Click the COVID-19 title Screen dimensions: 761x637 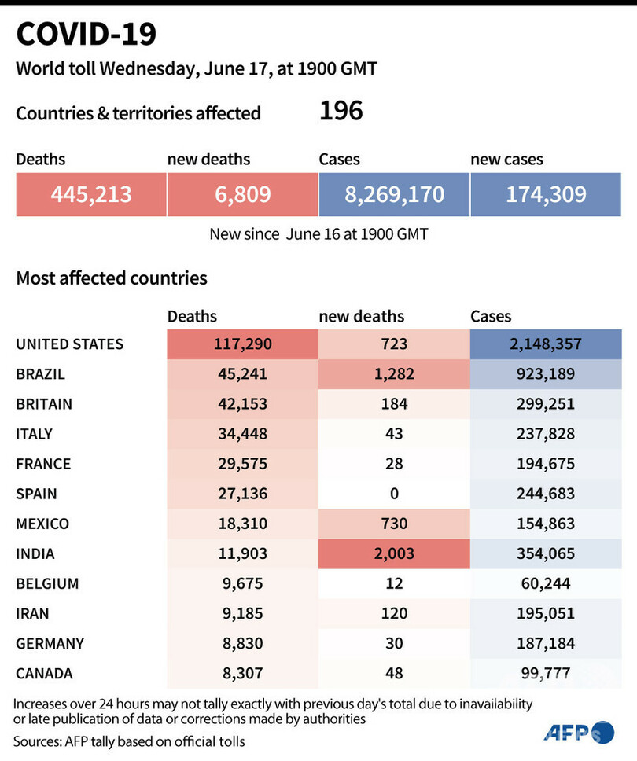coord(87,35)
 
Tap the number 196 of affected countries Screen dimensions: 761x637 coord(341,112)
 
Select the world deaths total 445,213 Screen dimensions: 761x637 coord(91,194)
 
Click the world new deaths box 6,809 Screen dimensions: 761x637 coord(242,194)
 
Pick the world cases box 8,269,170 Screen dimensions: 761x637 coord(394,194)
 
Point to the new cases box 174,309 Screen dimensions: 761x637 coord(546,194)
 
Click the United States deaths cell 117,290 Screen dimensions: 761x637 coord(242,344)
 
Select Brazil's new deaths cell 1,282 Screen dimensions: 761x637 coord(394,374)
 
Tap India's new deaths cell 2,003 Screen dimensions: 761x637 coord(394,553)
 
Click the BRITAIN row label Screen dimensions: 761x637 coord(44,404)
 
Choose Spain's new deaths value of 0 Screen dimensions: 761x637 coord(394,494)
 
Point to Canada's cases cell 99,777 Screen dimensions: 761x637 coord(546,673)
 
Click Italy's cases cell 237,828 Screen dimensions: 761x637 coord(546,434)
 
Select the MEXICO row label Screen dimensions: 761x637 coord(42,524)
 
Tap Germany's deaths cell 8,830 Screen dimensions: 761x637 coord(242,643)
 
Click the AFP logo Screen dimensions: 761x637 coord(577,733)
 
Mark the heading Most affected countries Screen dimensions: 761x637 coord(112,278)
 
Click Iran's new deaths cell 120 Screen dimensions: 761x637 coord(394,613)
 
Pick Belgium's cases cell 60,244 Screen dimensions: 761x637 coord(546,583)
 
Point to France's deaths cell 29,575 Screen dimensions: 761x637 coord(242,464)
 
